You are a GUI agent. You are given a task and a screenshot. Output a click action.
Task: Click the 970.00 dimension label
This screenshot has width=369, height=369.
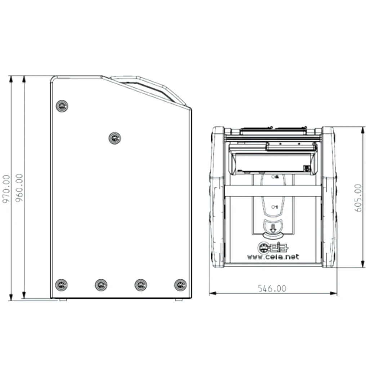6,188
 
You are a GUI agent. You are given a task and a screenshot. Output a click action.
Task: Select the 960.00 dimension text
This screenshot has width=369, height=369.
19,188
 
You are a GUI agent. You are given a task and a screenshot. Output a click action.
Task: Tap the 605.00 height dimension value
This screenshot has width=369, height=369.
358,198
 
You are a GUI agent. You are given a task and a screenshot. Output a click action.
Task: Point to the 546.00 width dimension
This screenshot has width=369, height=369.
272,289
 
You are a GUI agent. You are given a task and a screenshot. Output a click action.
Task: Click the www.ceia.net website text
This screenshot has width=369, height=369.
273,257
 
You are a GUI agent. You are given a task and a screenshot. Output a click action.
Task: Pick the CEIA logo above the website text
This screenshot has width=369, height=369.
273,247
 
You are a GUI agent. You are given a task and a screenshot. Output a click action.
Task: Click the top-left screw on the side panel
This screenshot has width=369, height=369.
62,106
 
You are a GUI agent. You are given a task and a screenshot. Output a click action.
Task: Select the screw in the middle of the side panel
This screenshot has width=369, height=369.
115,138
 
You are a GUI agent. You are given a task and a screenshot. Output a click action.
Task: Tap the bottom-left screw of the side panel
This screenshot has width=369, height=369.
61,285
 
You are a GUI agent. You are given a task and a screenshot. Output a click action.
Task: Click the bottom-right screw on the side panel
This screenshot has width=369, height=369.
180,285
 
